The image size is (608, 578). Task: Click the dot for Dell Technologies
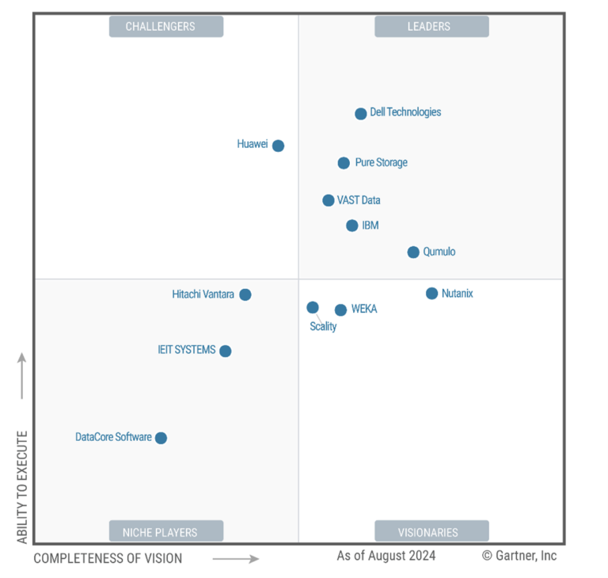click(361, 113)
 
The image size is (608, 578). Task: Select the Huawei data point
click(278, 146)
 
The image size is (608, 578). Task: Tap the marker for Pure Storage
click(344, 163)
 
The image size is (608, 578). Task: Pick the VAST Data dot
click(329, 200)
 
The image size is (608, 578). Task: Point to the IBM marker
click(352, 226)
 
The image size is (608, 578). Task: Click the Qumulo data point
click(413, 253)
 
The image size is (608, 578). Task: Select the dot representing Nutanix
click(432, 294)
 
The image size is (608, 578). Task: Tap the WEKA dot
click(340, 310)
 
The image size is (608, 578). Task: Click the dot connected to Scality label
click(313, 307)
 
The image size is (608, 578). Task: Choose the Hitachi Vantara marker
click(245, 295)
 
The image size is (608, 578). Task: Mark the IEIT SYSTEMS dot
click(226, 351)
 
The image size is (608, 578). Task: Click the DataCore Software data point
click(161, 438)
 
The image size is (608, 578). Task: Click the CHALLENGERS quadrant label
click(166, 26)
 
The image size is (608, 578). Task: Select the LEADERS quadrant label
click(431, 26)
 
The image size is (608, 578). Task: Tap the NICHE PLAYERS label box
click(166, 531)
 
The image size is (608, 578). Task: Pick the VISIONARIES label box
click(431, 531)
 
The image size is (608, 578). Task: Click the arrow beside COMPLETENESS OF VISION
click(236, 559)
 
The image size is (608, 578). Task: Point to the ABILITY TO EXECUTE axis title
click(22, 486)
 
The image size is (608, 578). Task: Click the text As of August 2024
click(386, 556)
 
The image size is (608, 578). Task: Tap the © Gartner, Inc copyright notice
click(519, 556)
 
